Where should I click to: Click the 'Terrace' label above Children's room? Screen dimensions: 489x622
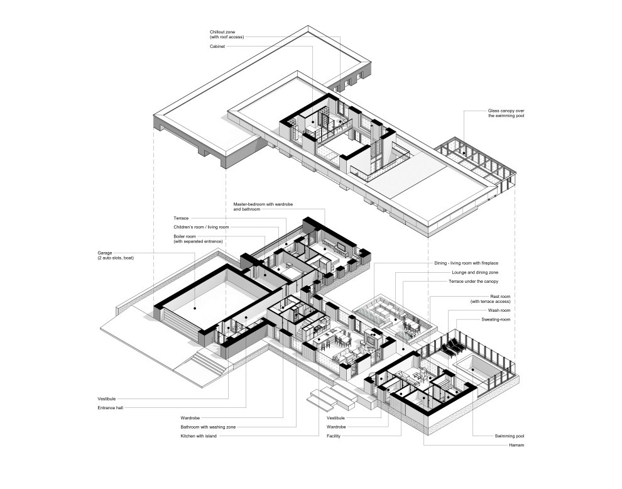181,217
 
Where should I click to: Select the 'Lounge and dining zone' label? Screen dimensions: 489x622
476,273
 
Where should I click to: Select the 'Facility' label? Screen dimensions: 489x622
334,436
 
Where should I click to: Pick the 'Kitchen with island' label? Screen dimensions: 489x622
199,436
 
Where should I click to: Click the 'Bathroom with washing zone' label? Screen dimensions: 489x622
208,427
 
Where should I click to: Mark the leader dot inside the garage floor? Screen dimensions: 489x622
195,309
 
